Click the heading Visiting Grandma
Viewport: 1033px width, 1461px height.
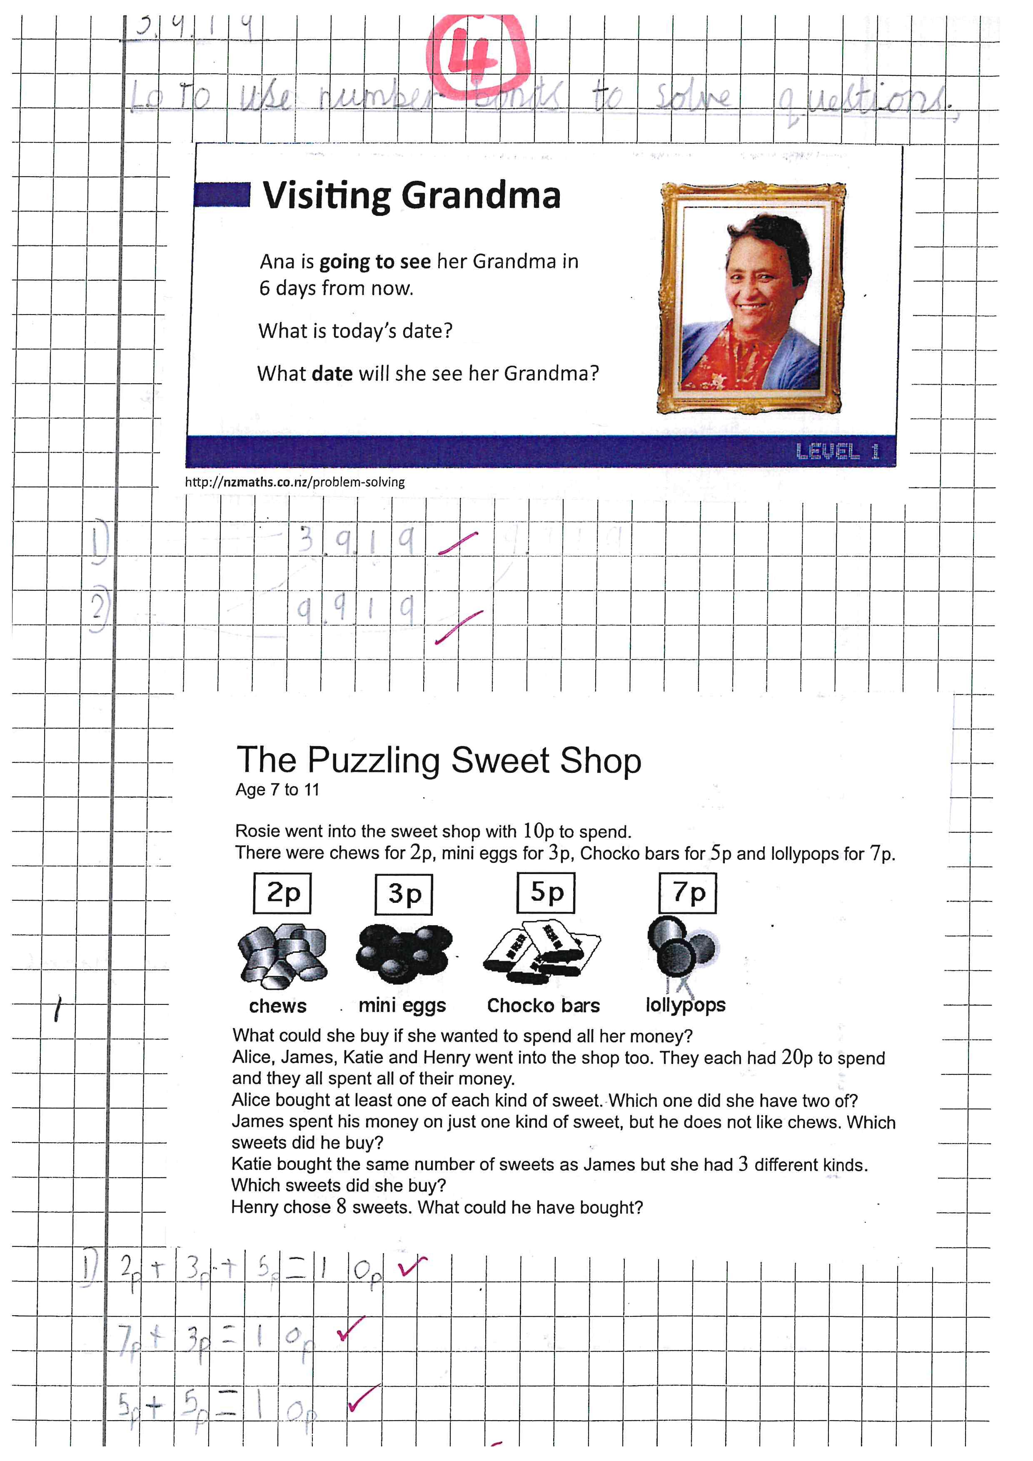tap(411, 195)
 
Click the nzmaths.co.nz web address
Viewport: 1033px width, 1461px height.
tap(294, 482)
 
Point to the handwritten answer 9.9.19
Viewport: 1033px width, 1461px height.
tap(355, 609)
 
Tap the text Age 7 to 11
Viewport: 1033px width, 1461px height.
tap(277, 790)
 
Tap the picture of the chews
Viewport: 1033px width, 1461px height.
tap(282, 953)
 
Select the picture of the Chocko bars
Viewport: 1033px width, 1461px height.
tap(542, 950)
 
